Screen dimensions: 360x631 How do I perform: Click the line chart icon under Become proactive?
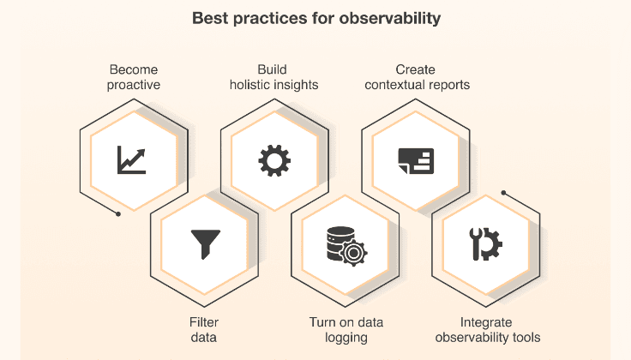coord(133,159)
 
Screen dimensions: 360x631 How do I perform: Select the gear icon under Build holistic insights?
coord(274,159)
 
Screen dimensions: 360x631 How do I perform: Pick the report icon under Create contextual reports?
coord(416,159)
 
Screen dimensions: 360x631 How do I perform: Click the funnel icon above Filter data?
coord(204,243)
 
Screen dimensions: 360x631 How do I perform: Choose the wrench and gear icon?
coord(485,244)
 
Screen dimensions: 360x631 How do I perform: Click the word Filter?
coord(203,322)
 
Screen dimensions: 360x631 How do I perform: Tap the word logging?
coord(346,338)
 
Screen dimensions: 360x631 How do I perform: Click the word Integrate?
coord(487,322)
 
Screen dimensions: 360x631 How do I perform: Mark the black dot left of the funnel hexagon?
coord(118,213)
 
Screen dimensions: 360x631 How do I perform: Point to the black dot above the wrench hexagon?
coord(504,192)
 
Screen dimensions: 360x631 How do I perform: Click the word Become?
coord(134,69)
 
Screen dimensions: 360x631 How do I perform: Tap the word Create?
coord(416,69)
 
